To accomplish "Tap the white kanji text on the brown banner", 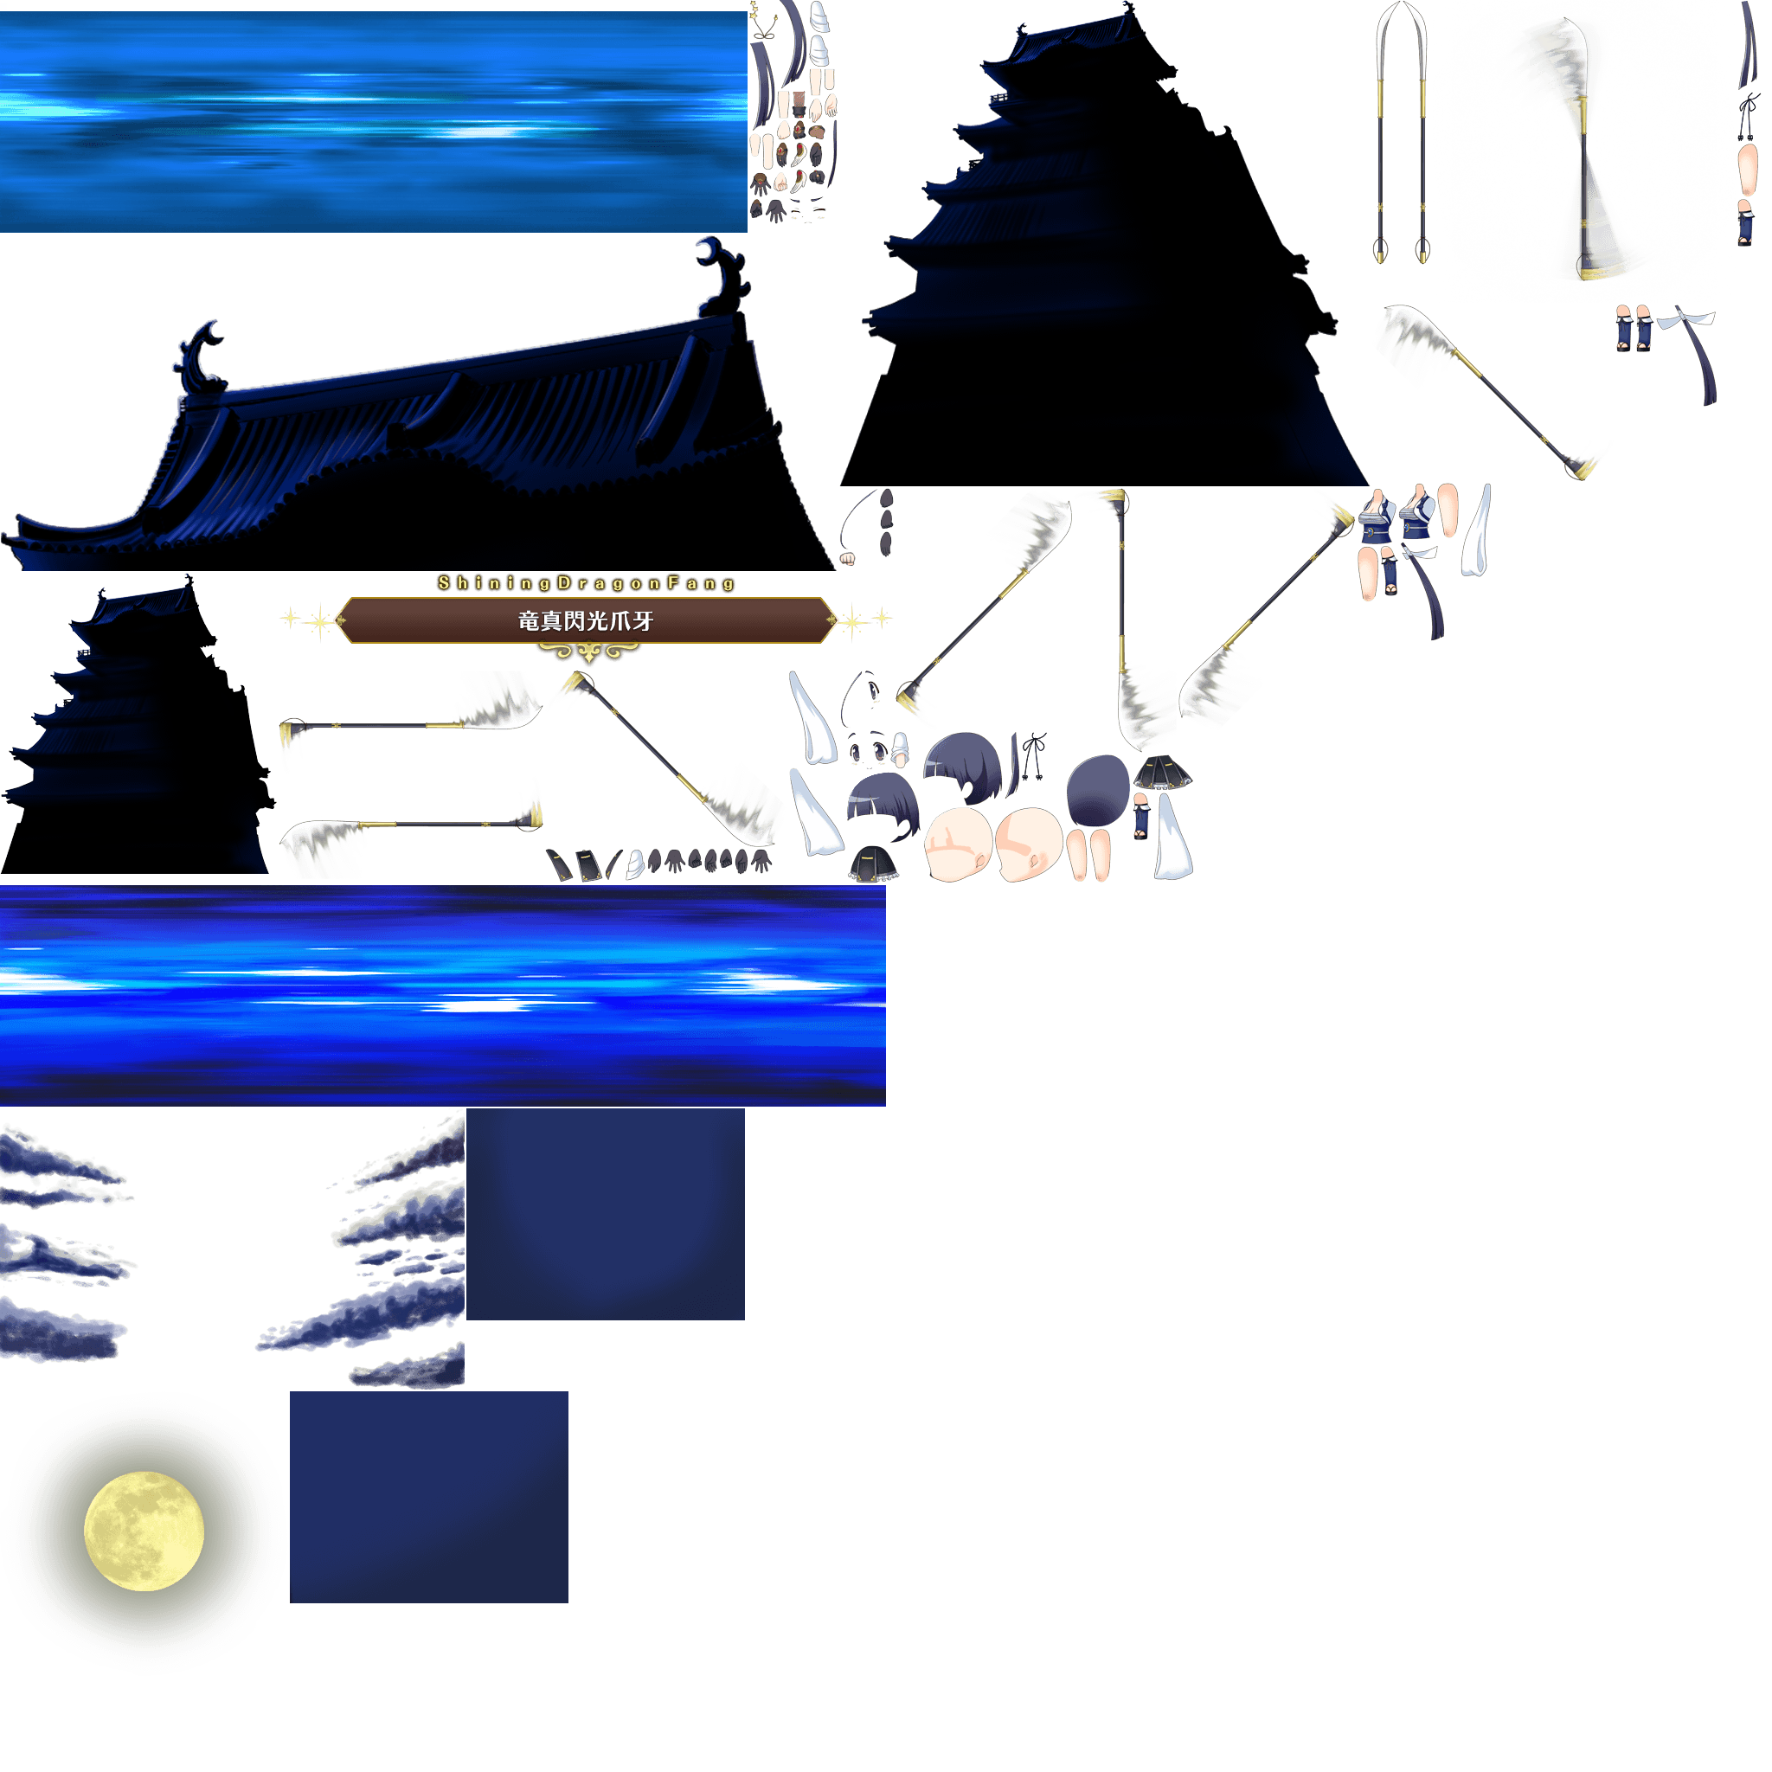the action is coord(590,625).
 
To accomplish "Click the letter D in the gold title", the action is coord(567,587).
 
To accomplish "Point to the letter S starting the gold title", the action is coord(446,587).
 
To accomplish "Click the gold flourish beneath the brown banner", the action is coord(592,656).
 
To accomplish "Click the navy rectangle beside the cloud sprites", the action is coord(609,1222).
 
